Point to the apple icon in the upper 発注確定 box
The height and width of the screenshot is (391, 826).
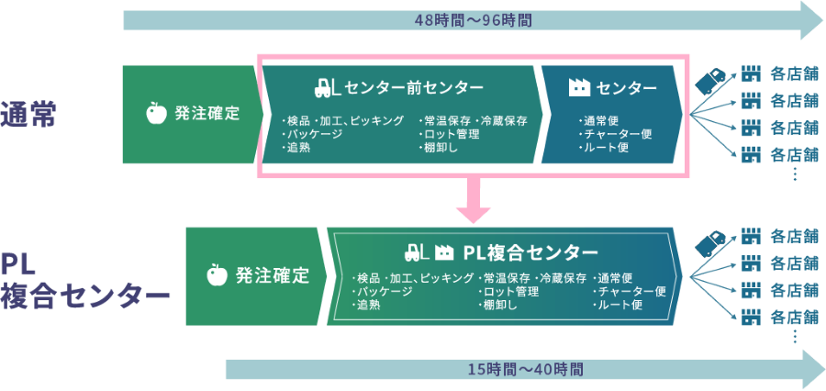pos(157,114)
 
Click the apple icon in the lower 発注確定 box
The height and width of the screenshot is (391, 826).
pos(218,274)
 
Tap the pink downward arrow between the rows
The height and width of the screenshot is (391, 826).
pos(474,201)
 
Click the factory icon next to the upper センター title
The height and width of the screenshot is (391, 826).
pos(578,88)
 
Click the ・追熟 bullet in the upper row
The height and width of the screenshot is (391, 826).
pos(298,147)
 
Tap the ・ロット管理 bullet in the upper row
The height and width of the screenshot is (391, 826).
pos(448,134)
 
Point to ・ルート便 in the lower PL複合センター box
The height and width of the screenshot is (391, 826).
pos(618,304)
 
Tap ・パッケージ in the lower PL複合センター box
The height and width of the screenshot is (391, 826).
pos(383,291)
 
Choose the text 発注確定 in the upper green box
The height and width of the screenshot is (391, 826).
pos(207,114)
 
